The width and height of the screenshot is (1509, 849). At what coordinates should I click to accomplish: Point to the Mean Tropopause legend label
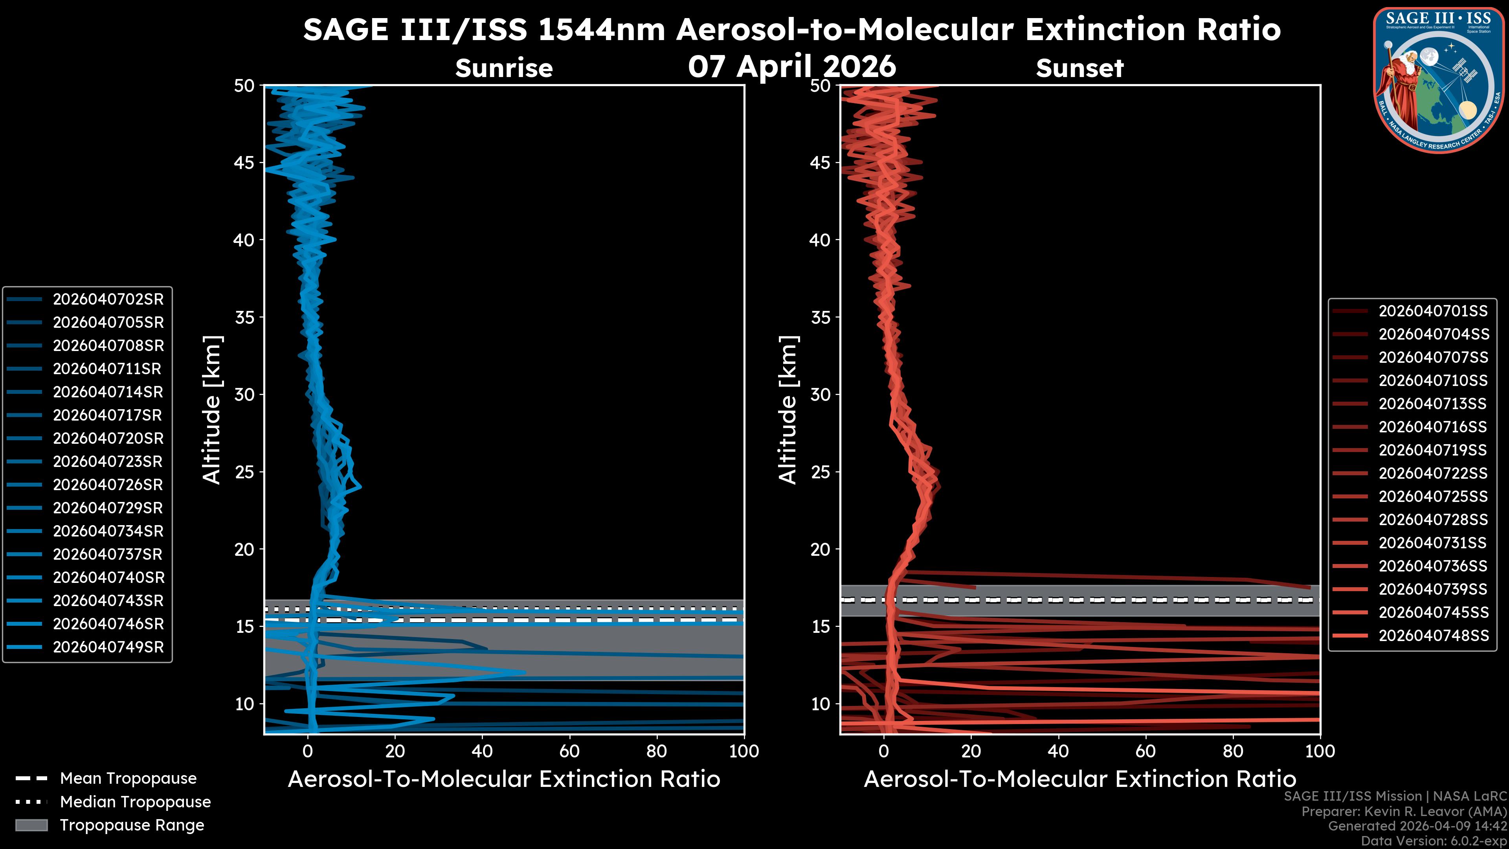[x=128, y=779]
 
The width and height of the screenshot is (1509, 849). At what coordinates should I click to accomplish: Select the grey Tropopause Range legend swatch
[x=31, y=825]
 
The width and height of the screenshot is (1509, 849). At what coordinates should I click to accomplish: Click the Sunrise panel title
[x=504, y=68]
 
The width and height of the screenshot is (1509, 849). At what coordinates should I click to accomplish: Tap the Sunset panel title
[x=1079, y=68]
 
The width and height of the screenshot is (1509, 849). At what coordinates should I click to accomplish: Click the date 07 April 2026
[x=792, y=66]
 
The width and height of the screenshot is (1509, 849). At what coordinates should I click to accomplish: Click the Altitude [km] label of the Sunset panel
[x=788, y=410]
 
